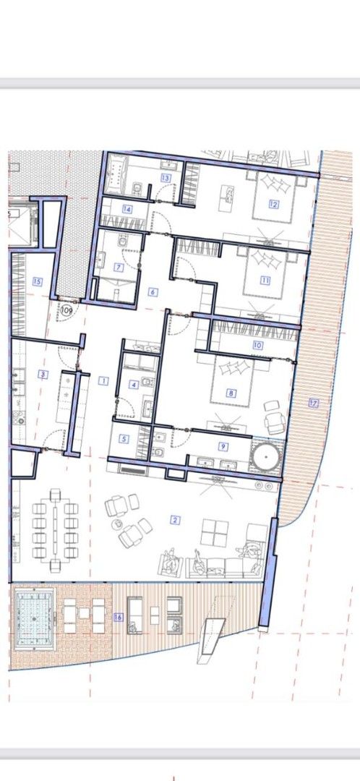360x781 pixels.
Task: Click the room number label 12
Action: point(274,204)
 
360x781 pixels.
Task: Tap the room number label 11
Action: point(265,281)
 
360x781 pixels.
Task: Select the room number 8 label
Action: point(231,394)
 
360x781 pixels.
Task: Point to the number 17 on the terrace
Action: point(313,403)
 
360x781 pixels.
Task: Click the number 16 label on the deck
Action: point(118,616)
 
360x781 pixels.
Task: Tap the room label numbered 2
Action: point(174,519)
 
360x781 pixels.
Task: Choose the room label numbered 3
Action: point(43,375)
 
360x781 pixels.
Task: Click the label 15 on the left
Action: point(37,281)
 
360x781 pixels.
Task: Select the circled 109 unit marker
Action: point(67,310)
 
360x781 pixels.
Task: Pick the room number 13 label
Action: point(166,178)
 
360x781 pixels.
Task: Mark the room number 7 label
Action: point(119,267)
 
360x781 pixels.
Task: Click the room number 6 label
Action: point(153,292)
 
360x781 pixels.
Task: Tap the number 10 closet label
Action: point(258,346)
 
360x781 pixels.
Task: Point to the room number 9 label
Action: point(223,447)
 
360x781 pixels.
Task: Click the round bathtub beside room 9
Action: point(267,457)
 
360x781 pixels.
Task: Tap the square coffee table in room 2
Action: point(215,533)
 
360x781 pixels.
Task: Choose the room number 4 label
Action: point(133,385)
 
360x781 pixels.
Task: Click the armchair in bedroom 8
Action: point(275,421)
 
